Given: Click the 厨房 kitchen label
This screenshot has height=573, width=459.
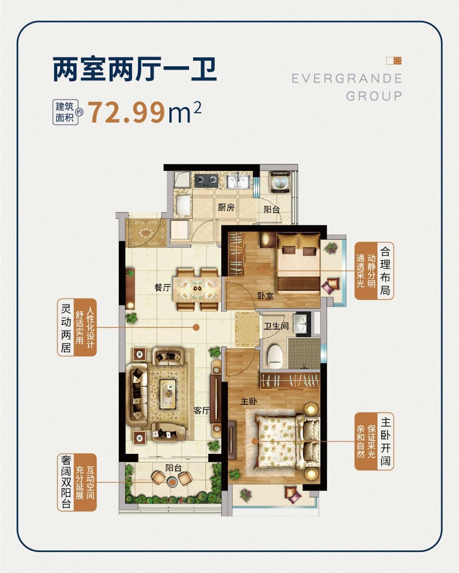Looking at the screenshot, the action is [226, 207].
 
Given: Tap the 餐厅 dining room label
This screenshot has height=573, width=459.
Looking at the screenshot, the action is [163, 287].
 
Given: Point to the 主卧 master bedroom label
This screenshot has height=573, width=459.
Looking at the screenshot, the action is [248, 401].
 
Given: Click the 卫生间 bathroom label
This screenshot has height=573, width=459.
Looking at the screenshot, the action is [276, 326].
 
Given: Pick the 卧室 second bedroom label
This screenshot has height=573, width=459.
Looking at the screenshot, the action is [265, 295].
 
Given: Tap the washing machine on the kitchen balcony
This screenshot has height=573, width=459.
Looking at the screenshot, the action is [280, 182].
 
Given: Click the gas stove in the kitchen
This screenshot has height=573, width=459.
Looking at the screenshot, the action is [206, 180].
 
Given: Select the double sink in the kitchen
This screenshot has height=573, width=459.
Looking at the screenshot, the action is [239, 182].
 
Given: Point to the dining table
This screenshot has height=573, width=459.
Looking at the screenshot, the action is [197, 289].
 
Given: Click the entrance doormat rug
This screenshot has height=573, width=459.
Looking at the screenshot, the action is [145, 233].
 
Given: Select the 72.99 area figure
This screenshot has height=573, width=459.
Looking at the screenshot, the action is [127, 113].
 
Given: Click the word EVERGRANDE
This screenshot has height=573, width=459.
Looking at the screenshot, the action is [347, 78].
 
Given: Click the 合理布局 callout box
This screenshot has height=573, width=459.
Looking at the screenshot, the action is [374, 271].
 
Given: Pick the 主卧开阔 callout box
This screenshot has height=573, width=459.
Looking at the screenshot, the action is [374, 441].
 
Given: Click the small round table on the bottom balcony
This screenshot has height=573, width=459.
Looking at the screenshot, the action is [173, 482].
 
